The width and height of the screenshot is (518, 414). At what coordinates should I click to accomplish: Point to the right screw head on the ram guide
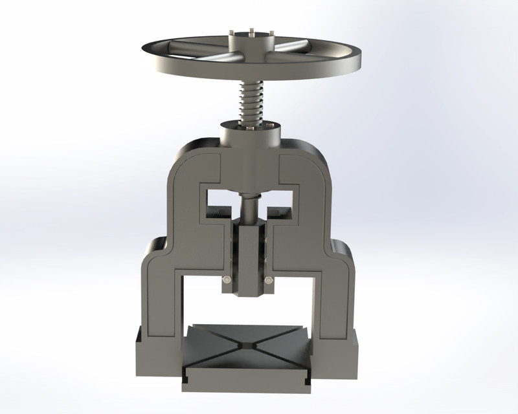pos(268,279)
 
